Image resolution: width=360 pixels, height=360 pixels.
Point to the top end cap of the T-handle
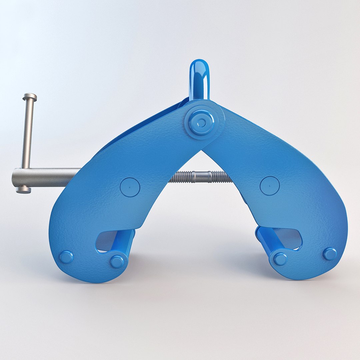click(x=30, y=97)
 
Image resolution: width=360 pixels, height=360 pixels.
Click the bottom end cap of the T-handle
click(x=23, y=190)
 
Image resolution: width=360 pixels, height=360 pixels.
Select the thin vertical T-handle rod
click(x=28, y=133)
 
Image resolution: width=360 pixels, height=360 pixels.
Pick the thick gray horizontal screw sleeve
click(x=47, y=177)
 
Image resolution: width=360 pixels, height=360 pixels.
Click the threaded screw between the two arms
click(x=200, y=177)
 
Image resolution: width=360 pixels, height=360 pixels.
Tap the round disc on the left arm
click(x=130, y=187)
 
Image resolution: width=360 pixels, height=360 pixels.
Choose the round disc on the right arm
click(x=269, y=186)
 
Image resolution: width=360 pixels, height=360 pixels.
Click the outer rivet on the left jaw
click(x=66, y=257)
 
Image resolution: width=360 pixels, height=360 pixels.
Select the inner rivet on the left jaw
click(x=117, y=262)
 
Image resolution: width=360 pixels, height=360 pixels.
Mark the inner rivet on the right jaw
click(x=280, y=259)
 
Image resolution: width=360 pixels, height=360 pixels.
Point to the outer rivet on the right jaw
click(x=330, y=254)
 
